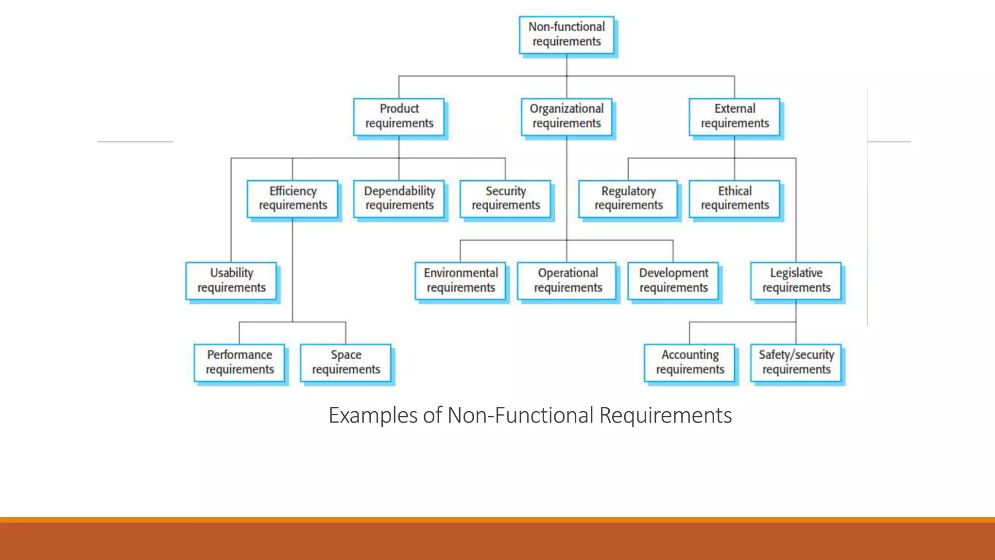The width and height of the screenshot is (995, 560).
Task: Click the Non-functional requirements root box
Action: coord(566,35)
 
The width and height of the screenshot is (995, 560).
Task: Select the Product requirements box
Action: coord(399,117)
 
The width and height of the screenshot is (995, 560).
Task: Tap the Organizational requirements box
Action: coord(566,117)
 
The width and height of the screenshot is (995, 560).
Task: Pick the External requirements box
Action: coord(735,117)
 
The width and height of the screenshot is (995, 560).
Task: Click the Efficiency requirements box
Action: coord(292,199)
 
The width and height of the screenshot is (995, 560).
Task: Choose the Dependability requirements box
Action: coord(399,199)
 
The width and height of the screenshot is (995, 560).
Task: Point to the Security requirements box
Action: coord(505,199)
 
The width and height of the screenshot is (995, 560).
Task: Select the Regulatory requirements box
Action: coord(628,199)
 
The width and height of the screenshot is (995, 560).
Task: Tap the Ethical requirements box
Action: coord(735,199)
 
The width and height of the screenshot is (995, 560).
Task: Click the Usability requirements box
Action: coord(231,281)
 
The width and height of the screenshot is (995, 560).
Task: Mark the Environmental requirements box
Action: coord(461,281)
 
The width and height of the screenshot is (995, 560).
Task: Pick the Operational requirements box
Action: coord(567,281)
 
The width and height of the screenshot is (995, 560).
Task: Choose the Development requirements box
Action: coord(673,281)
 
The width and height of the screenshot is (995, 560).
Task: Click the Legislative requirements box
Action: coord(796,281)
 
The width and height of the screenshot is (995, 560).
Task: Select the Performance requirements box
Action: coord(240,363)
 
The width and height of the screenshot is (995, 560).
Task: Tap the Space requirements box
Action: coord(346,363)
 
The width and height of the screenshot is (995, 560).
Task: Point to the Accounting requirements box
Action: coord(690,363)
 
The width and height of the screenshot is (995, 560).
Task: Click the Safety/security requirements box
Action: coord(796,363)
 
